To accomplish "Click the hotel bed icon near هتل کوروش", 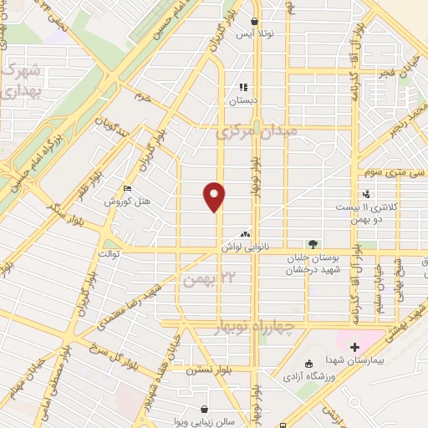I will (x=127, y=189).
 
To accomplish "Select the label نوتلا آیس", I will (x=256, y=35).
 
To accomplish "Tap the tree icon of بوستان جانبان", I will (x=313, y=245).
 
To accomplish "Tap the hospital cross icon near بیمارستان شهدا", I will (x=354, y=346).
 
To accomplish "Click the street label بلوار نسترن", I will (x=210, y=368).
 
